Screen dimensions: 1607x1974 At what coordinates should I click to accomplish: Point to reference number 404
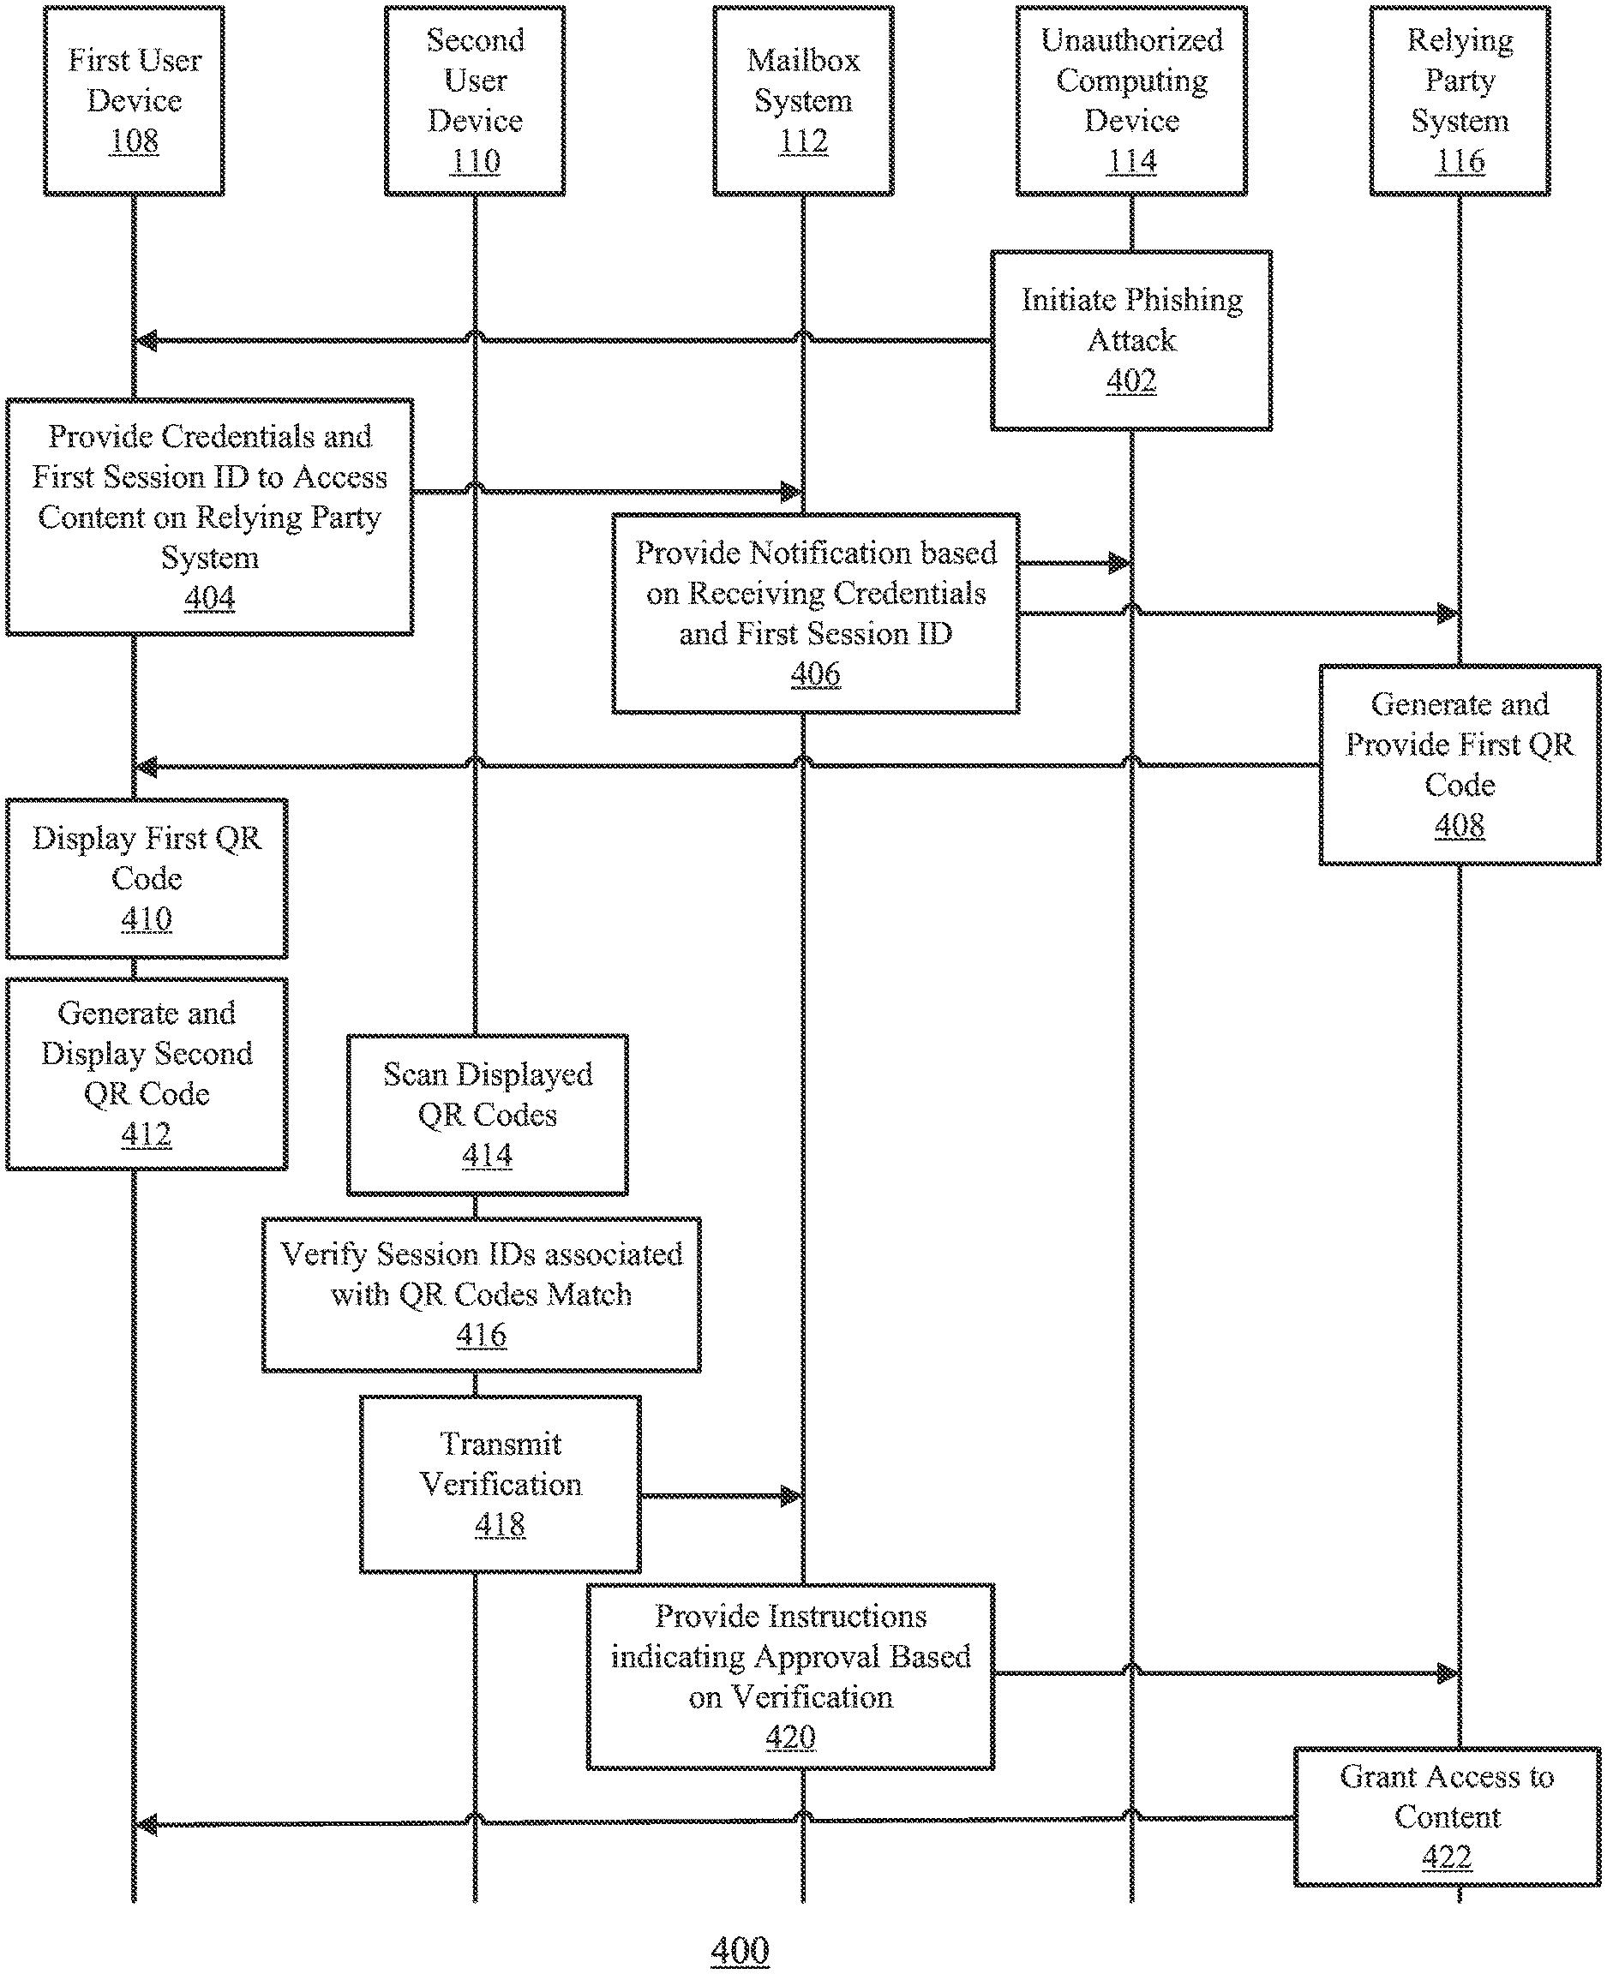click(210, 598)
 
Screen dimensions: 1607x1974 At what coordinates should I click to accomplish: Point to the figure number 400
click(740, 1950)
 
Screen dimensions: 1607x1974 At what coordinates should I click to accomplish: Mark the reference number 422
click(1447, 1857)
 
